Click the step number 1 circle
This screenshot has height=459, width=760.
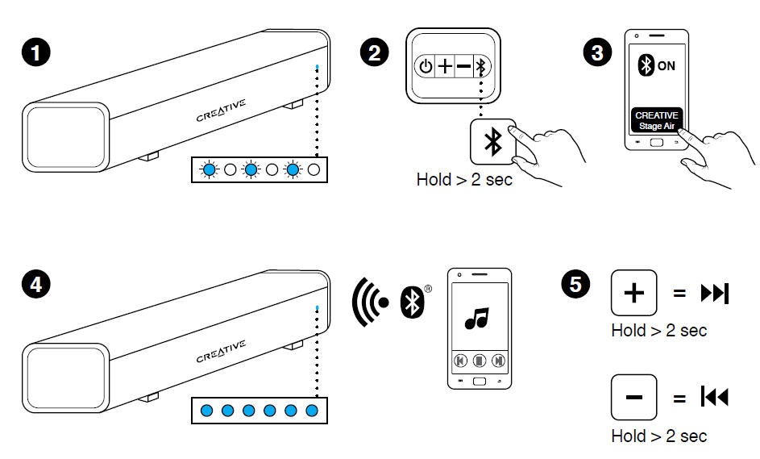coord(35,52)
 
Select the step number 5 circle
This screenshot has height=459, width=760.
coord(575,285)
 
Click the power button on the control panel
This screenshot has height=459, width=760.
coord(426,67)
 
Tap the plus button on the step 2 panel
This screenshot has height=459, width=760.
coord(445,67)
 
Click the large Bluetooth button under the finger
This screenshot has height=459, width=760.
coord(491,142)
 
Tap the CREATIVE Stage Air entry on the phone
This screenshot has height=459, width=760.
coord(657,119)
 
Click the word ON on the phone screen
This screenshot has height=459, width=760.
coord(667,66)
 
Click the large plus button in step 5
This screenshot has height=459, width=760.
coord(635,294)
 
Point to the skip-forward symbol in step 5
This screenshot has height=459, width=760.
coord(715,294)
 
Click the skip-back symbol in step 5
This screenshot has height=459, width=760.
coord(715,398)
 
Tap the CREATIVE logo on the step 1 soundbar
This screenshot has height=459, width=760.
coord(222,110)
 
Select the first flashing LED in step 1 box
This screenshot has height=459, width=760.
coord(209,170)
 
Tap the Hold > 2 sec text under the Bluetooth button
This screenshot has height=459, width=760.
coord(464,180)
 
